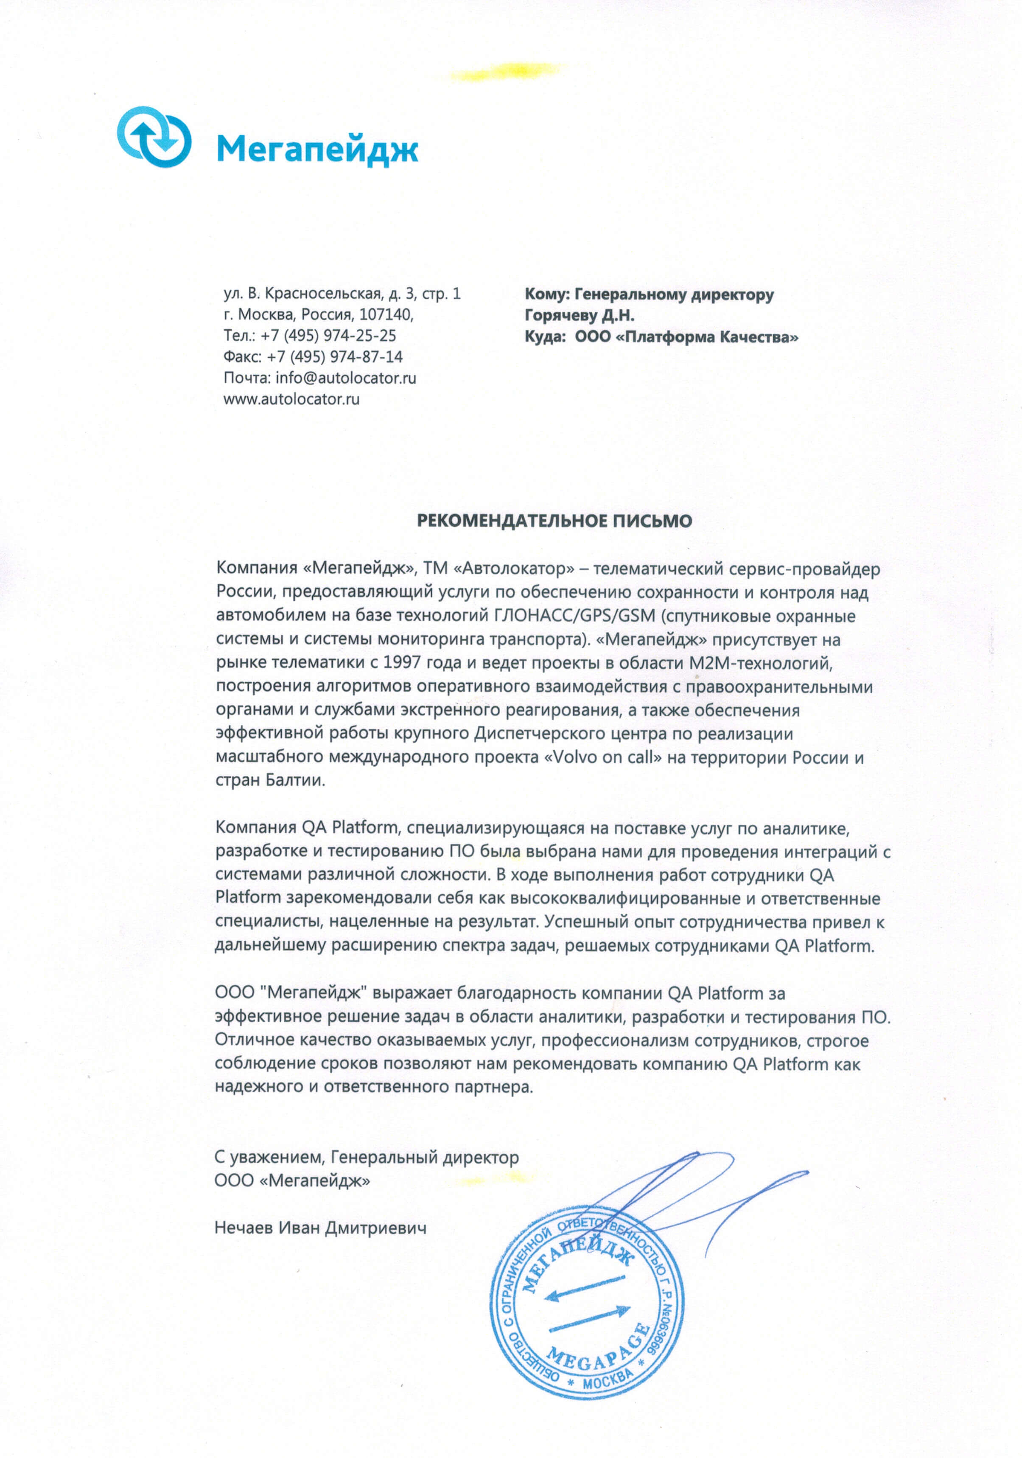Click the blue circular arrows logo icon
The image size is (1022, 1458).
[154, 137]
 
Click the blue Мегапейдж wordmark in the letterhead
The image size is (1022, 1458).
[317, 150]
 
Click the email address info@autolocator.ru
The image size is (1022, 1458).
[346, 378]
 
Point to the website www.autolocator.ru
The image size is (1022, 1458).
[291, 399]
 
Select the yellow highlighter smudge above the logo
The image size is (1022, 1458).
[505, 71]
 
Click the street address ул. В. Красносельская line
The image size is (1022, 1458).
[342, 293]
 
